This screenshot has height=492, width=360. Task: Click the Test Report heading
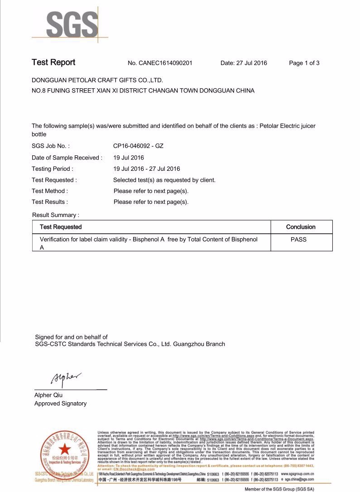click(x=53, y=63)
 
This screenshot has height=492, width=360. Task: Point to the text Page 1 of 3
click(x=304, y=63)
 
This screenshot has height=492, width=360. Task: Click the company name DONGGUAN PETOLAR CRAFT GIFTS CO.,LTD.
click(x=97, y=80)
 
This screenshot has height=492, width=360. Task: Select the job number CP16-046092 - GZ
click(x=138, y=146)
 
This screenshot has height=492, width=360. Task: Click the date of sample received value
click(x=129, y=158)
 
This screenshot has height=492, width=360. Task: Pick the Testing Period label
click(x=52, y=169)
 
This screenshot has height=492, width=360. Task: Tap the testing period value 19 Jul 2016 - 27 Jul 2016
click(x=147, y=169)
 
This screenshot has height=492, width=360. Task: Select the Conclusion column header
click(x=301, y=227)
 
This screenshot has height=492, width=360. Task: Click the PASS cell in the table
click(x=298, y=239)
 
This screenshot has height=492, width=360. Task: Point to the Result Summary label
click(x=56, y=215)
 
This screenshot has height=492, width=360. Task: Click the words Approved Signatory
click(x=60, y=403)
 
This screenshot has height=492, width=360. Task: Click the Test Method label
click(x=50, y=191)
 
